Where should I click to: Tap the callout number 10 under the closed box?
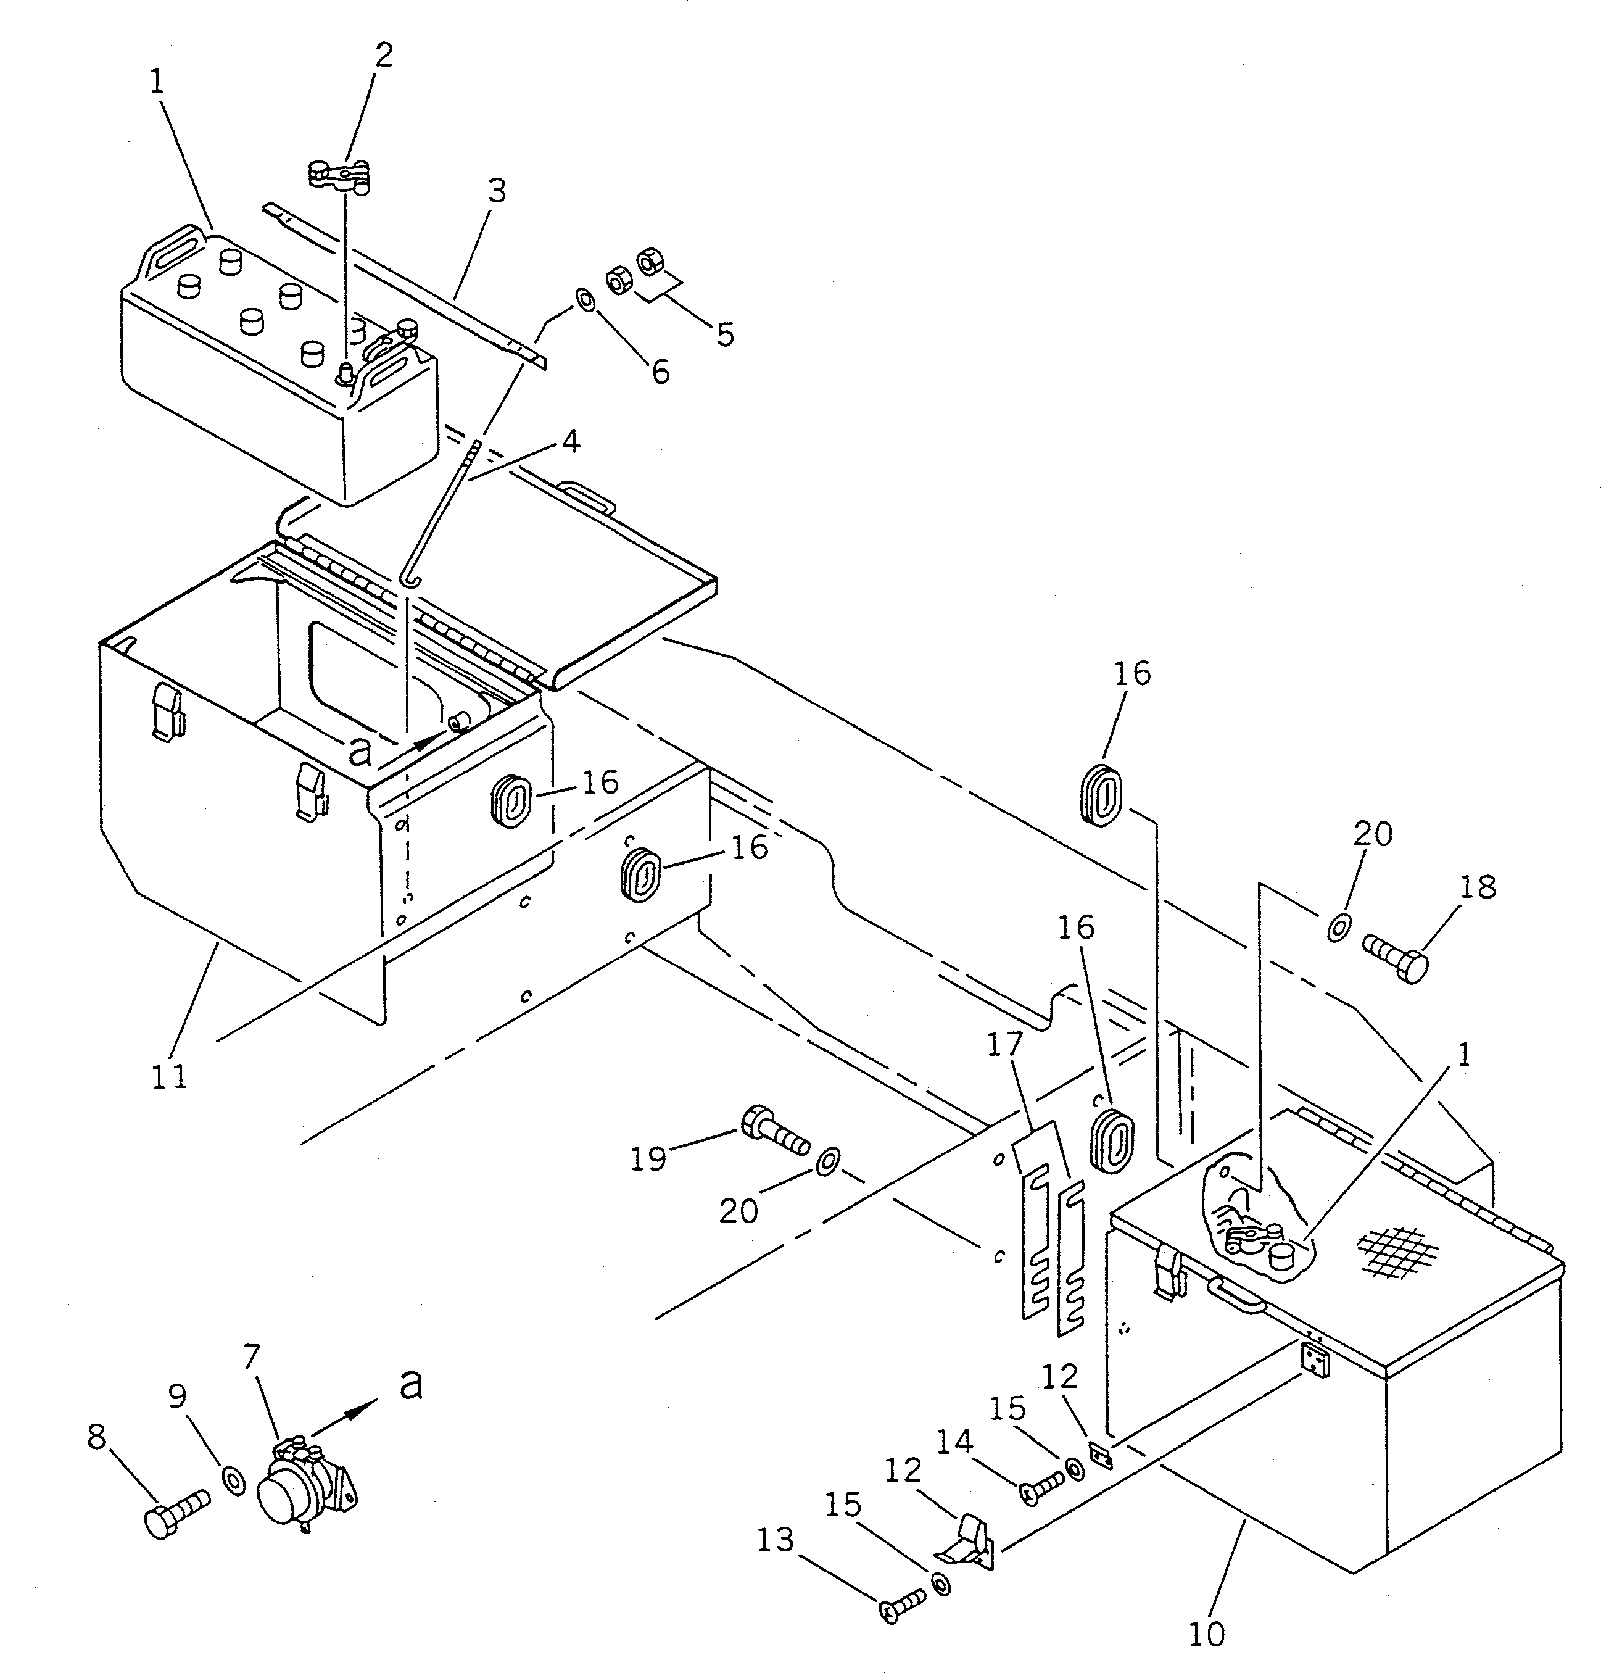(x=1206, y=1634)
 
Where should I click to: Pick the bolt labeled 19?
(x=775, y=1132)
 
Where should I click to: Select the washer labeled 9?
(x=234, y=1481)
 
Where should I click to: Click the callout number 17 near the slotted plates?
(x=1004, y=1047)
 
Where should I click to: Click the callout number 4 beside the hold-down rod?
(x=570, y=441)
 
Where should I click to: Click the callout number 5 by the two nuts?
(x=724, y=334)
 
